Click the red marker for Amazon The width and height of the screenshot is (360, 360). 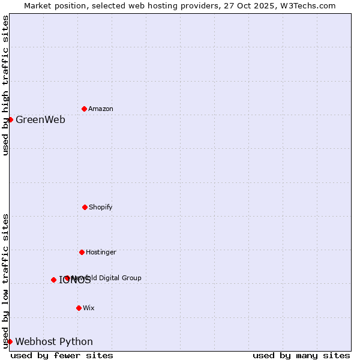pyautogui.click(x=84, y=109)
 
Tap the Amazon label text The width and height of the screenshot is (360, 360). pyautogui.click(x=101, y=109)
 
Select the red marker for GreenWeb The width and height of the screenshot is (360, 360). pyautogui.click(x=10, y=119)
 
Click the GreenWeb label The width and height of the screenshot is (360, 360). pyautogui.click(x=40, y=119)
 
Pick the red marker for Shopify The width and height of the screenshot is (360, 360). pyautogui.click(x=85, y=207)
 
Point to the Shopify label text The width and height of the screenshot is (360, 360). pyautogui.click(x=101, y=207)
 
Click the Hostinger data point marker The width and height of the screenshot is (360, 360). pyautogui.click(x=82, y=252)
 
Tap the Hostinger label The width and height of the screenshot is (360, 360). pyautogui.click(x=101, y=252)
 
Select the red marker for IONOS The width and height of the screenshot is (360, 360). pyautogui.click(x=53, y=280)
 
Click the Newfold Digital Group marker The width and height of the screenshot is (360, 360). pyautogui.click(x=67, y=278)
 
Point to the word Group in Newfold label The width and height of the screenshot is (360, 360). pyautogui.click(x=131, y=278)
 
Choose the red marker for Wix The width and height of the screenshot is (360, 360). pyautogui.click(x=79, y=308)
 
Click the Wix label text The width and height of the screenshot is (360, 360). pyautogui.click(x=89, y=308)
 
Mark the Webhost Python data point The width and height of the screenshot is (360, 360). pyautogui.click(x=10, y=341)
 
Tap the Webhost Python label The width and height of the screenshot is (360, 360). pyautogui.click(x=54, y=341)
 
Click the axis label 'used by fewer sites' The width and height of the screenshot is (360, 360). pyautogui.click(x=62, y=355)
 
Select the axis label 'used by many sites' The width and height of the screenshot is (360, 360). pyautogui.click(x=301, y=355)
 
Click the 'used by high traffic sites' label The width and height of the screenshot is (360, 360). pyautogui.click(x=5, y=85)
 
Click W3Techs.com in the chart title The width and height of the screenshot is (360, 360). pyautogui.click(x=305, y=5)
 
